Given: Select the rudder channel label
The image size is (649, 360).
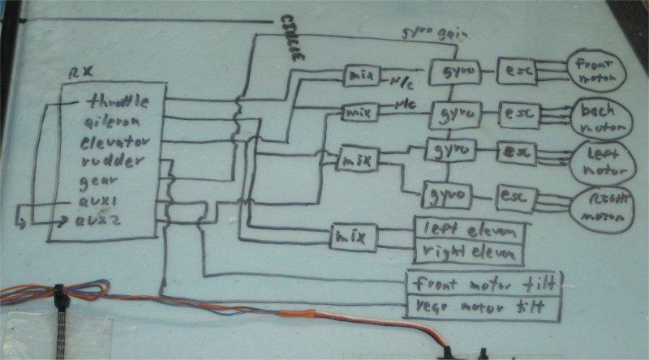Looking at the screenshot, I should [110, 161].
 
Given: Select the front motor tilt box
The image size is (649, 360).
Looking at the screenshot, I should [484, 284].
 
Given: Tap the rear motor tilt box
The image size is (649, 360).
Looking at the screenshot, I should [484, 307].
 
